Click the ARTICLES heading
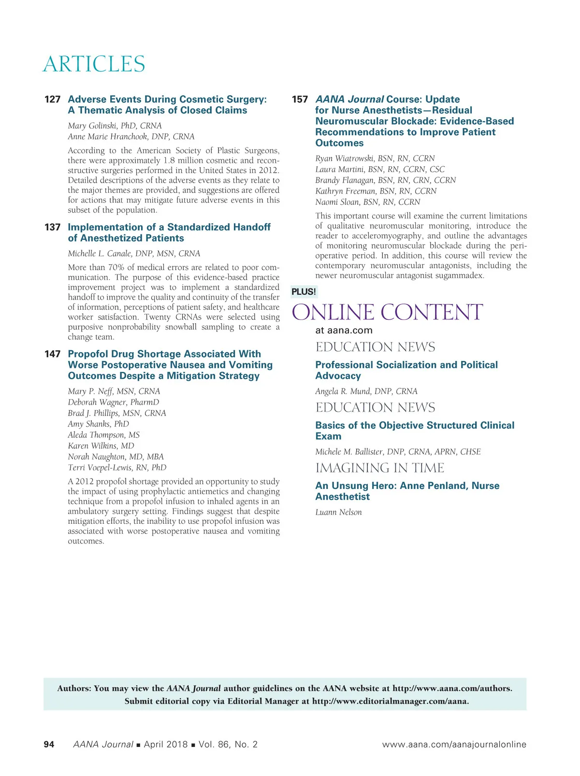pos(94,64)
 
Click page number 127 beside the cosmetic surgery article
pos(52,100)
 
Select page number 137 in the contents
pos(52,227)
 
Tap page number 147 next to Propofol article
pos(52,354)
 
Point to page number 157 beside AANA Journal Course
pos(300,100)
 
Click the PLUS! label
pos(304,292)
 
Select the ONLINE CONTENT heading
pos(387,312)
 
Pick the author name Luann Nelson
pos(338,512)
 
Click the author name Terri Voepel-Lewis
pos(117,468)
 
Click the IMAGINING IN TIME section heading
pos(380,468)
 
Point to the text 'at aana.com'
pos(344,331)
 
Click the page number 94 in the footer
pos(49,745)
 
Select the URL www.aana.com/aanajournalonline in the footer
pos(454,745)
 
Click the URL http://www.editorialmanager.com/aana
pos(390,701)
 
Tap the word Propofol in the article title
pos(88,354)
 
